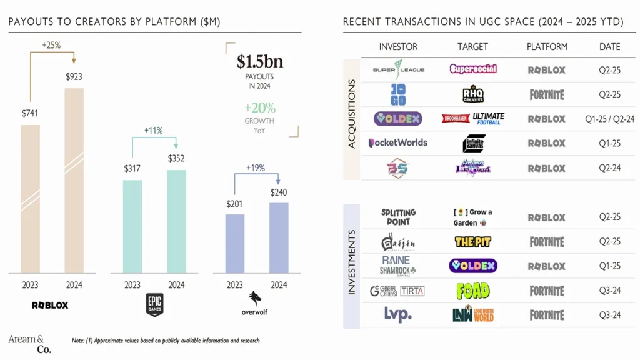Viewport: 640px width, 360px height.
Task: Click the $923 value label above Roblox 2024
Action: [74, 77]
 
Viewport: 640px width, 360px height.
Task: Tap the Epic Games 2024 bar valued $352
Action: [176, 221]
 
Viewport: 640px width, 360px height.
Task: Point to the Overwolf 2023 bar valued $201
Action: [235, 244]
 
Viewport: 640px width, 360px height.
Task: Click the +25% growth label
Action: [51, 46]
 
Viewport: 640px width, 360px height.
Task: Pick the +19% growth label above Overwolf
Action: [256, 167]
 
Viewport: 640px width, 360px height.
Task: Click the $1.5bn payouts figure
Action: [259, 62]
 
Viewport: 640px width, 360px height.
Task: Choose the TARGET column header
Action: [472, 47]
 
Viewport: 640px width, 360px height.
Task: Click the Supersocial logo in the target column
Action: [473, 69]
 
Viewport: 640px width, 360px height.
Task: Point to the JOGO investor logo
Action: [398, 94]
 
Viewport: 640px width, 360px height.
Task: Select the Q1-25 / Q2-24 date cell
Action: [609, 119]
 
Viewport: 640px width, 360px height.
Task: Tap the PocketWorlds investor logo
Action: [398, 142]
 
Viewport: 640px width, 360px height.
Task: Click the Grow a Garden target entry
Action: [473, 217]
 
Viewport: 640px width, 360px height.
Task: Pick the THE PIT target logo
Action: [473, 242]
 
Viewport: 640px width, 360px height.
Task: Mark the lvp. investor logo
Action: [398, 314]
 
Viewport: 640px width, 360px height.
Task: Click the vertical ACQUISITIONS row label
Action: [351, 114]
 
